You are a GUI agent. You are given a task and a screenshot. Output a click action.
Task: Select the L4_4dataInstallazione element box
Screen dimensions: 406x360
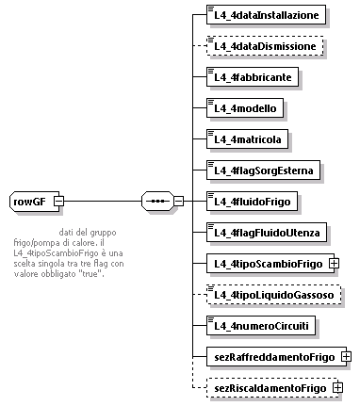(x=267, y=15)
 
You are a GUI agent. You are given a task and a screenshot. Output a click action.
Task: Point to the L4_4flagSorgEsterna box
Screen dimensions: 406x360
(x=266, y=170)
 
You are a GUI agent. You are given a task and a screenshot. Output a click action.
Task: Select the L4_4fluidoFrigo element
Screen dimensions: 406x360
(x=254, y=201)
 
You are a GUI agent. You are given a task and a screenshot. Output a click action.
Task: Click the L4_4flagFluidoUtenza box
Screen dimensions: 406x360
(x=269, y=232)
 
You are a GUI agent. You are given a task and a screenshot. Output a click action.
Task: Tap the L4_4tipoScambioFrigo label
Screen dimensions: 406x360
(x=265, y=263)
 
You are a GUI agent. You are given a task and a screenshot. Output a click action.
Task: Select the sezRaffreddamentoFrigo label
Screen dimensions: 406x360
(x=272, y=356)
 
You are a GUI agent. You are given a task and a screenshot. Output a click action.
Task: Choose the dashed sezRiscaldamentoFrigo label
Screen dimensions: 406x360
(x=268, y=387)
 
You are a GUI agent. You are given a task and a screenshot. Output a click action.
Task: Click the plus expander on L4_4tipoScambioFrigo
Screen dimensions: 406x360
(x=335, y=263)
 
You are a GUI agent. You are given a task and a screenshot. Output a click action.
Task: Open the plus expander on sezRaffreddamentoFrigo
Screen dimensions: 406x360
(x=347, y=356)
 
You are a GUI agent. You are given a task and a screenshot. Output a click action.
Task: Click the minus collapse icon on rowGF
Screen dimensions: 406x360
(x=58, y=201)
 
